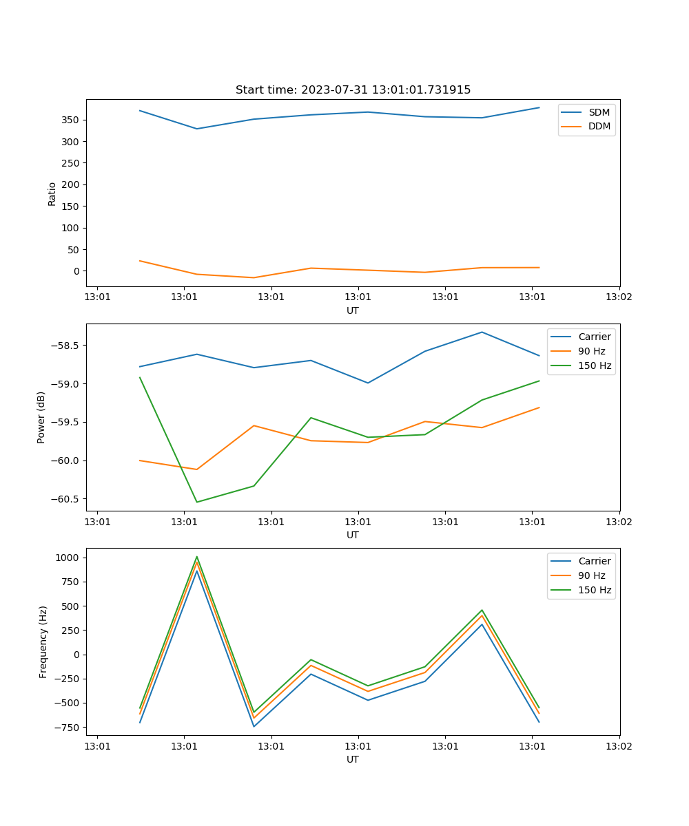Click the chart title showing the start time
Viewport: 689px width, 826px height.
pyautogui.click(x=353, y=90)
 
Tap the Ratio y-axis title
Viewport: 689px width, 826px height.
pyautogui.click(x=52, y=193)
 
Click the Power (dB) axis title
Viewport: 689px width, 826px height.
pyautogui.click(x=41, y=417)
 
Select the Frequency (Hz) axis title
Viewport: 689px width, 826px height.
pyautogui.click(x=43, y=642)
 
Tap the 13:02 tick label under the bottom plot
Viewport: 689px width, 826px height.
pyautogui.click(x=619, y=746)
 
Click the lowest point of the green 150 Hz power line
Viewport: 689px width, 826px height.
pyautogui.click(x=197, y=502)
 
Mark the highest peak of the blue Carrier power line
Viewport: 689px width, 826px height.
pyautogui.click(x=482, y=332)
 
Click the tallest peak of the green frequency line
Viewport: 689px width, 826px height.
pyautogui.click(x=197, y=557)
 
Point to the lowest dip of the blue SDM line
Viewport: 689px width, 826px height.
pyautogui.click(x=197, y=129)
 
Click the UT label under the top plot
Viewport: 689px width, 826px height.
pyautogui.click(x=353, y=310)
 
